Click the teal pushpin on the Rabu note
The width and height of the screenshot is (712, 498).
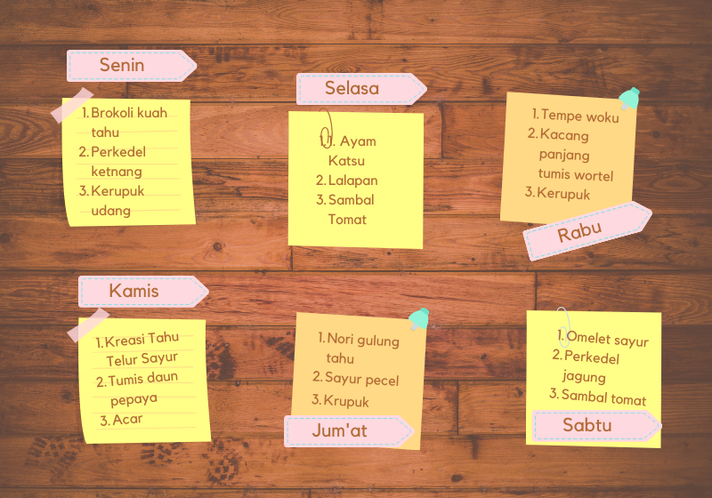click(x=630, y=98)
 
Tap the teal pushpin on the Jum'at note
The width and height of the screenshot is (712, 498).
click(x=419, y=318)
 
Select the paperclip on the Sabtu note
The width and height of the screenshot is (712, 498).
click(x=563, y=325)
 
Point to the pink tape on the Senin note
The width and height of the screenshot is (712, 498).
click(x=72, y=106)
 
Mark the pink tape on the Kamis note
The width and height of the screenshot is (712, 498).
click(x=88, y=325)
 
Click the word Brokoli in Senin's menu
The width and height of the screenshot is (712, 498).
click(x=112, y=114)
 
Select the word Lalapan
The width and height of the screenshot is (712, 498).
click(x=352, y=181)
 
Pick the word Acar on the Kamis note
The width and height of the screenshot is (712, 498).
click(x=127, y=420)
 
